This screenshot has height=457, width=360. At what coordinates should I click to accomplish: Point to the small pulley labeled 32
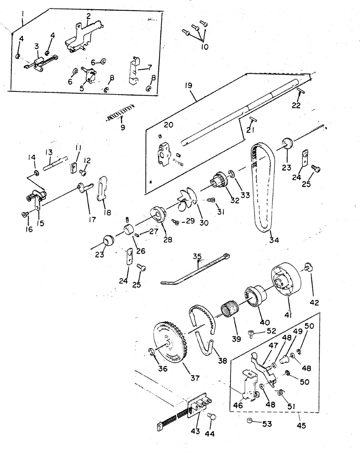click(x=218, y=180)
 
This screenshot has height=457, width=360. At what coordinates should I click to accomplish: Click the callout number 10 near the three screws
click(x=205, y=47)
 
